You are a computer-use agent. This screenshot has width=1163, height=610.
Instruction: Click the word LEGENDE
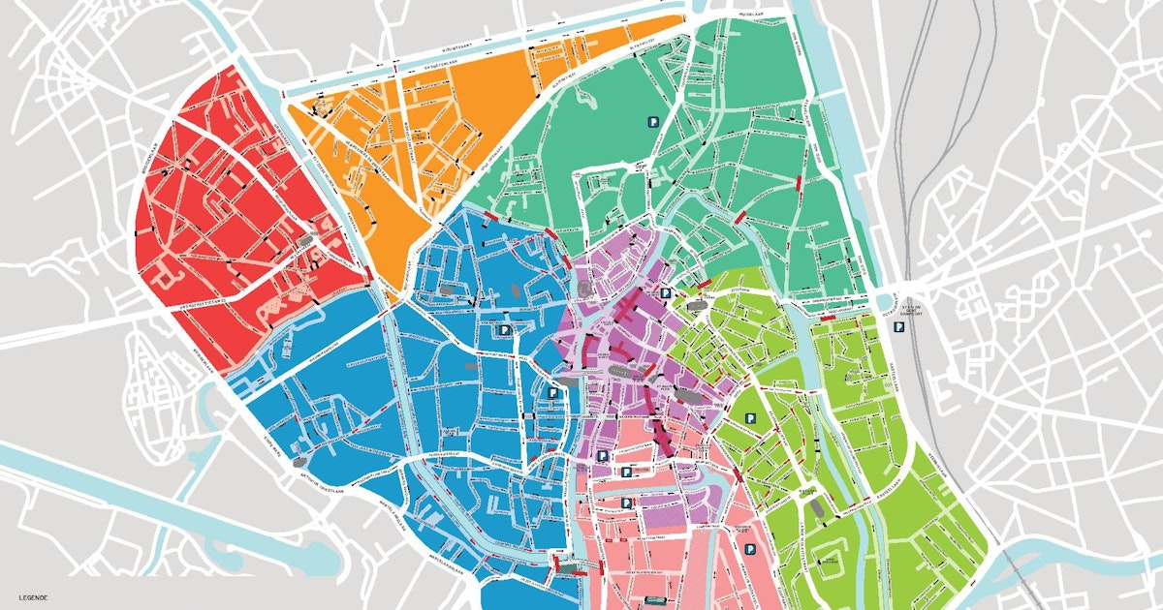[x=33, y=597]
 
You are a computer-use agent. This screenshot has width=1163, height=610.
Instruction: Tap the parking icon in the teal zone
[x=653, y=122]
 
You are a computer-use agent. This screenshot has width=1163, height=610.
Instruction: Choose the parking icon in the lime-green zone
[x=750, y=418]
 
